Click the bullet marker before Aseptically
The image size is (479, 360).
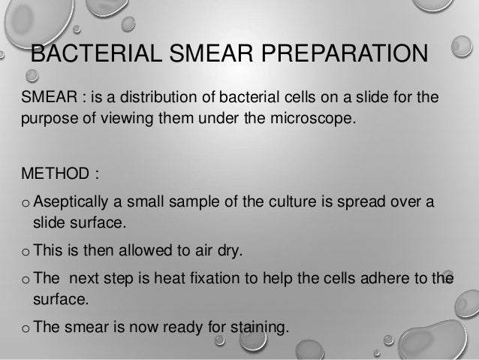click(x=27, y=204)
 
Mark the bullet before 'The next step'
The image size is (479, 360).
click(x=27, y=278)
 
